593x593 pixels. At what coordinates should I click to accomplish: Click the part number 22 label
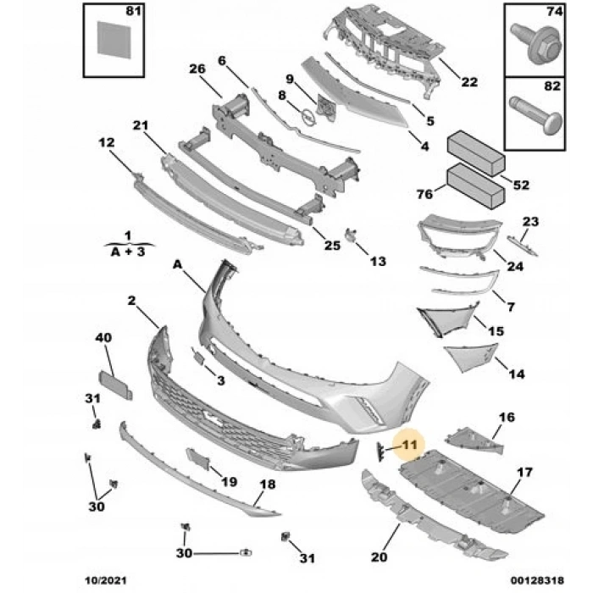click(x=469, y=82)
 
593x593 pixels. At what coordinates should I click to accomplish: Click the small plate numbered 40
click(x=116, y=384)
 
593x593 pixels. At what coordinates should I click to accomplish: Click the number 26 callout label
click(x=197, y=69)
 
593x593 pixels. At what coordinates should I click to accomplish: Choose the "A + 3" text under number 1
click(x=126, y=252)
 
